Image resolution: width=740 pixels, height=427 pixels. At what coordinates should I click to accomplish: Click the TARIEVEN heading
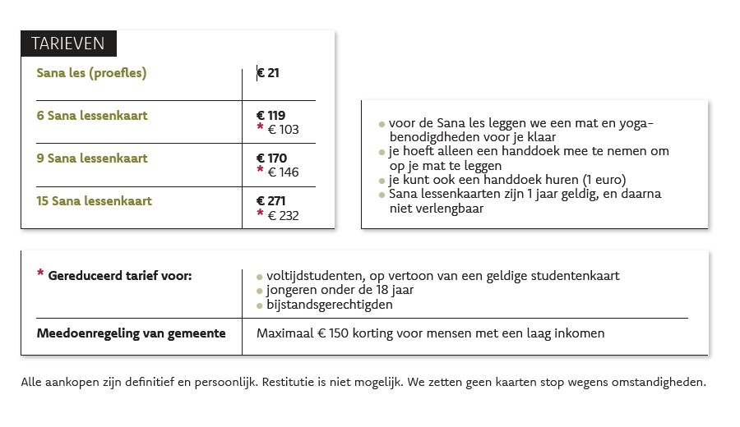[x=68, y=44]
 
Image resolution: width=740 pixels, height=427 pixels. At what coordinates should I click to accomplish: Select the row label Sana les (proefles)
[x=91, y=73]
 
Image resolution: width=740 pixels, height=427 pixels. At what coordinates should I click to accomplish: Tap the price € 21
[x=269, y=73]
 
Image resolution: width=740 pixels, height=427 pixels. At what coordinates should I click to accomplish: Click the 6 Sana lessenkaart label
[x=92, y=116]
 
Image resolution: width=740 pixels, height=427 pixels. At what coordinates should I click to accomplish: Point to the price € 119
[x=271, y=116]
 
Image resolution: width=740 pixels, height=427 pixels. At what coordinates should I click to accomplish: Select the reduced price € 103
[x=283, y=130]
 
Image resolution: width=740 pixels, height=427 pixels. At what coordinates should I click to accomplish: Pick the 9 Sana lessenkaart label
[x=92, y=158]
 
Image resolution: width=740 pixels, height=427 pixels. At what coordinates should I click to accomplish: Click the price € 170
[x=271, y=158]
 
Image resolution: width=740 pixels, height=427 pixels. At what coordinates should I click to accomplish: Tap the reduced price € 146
[x=283, y=172]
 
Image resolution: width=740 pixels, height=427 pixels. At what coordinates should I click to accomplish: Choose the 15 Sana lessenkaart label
[x=95, y=200]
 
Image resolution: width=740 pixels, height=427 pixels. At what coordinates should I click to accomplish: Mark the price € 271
[x=271, y=201]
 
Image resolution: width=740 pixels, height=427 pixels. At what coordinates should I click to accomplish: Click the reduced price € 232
[x=283, y=216]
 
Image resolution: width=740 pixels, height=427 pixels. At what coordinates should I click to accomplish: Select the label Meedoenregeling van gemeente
[x=132, y=333]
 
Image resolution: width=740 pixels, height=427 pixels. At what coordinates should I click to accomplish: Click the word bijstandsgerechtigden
[x=329, y=305]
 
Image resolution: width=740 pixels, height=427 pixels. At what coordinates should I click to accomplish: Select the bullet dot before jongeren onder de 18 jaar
[x=260, y=291]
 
